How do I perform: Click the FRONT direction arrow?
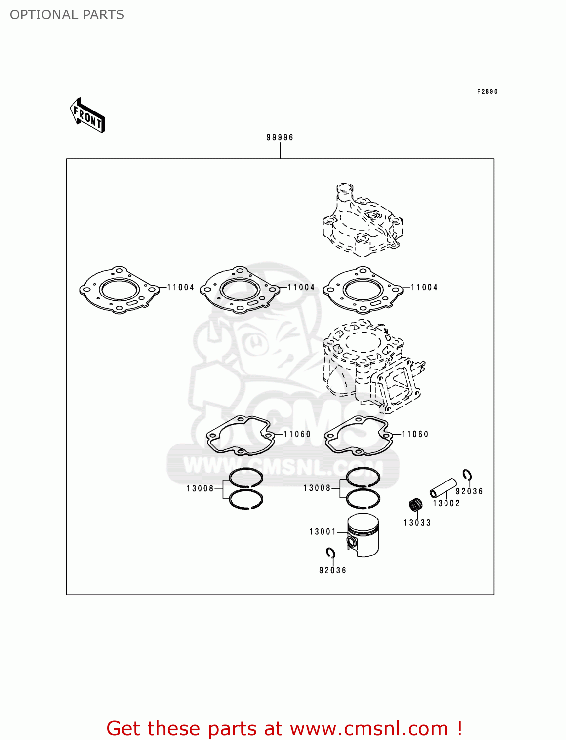87,115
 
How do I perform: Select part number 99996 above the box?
280,137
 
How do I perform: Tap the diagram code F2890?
487,92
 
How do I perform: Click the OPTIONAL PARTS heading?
67,15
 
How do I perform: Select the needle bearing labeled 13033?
416,505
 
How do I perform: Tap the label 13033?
417,523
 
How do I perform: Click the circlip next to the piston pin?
467,475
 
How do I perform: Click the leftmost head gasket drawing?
119,290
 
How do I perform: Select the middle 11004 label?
301,287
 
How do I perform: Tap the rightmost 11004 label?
424,287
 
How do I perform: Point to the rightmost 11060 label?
415,434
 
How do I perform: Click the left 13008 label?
200,488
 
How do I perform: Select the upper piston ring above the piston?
363,477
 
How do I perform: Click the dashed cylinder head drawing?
362,222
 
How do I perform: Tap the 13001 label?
323,531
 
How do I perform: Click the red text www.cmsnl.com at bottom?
369,728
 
